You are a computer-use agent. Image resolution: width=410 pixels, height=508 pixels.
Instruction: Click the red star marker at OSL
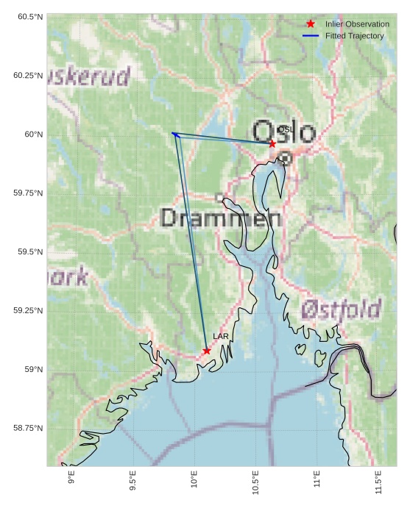tap(272, 143)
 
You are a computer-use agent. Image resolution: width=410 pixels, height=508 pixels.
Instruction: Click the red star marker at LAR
tap(207, 351)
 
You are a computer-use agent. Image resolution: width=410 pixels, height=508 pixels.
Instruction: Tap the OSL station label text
tap(286, 129)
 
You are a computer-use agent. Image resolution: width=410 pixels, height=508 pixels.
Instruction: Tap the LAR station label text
tap(221, 336)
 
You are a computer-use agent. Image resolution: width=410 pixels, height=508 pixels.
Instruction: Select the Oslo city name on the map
tap(284, 132)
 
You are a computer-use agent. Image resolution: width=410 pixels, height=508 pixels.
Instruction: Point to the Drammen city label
tap(220, 218)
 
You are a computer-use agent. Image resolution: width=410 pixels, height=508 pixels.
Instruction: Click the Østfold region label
tap(342, 307)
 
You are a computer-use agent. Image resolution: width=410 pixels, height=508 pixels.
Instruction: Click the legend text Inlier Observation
tap(357, 24)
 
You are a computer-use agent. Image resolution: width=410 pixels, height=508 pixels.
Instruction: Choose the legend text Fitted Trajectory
tap(354, 36)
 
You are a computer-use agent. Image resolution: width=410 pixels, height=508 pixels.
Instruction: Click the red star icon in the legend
tap(311, 24)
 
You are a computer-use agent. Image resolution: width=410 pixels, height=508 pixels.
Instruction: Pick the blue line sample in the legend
tap(311, 36)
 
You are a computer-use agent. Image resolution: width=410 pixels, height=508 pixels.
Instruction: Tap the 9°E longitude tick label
tap(71, 481)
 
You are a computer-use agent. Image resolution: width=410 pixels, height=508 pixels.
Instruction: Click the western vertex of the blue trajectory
tap(173, 133)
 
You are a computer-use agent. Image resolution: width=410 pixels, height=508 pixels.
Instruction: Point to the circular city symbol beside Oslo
tap(286, 157)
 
